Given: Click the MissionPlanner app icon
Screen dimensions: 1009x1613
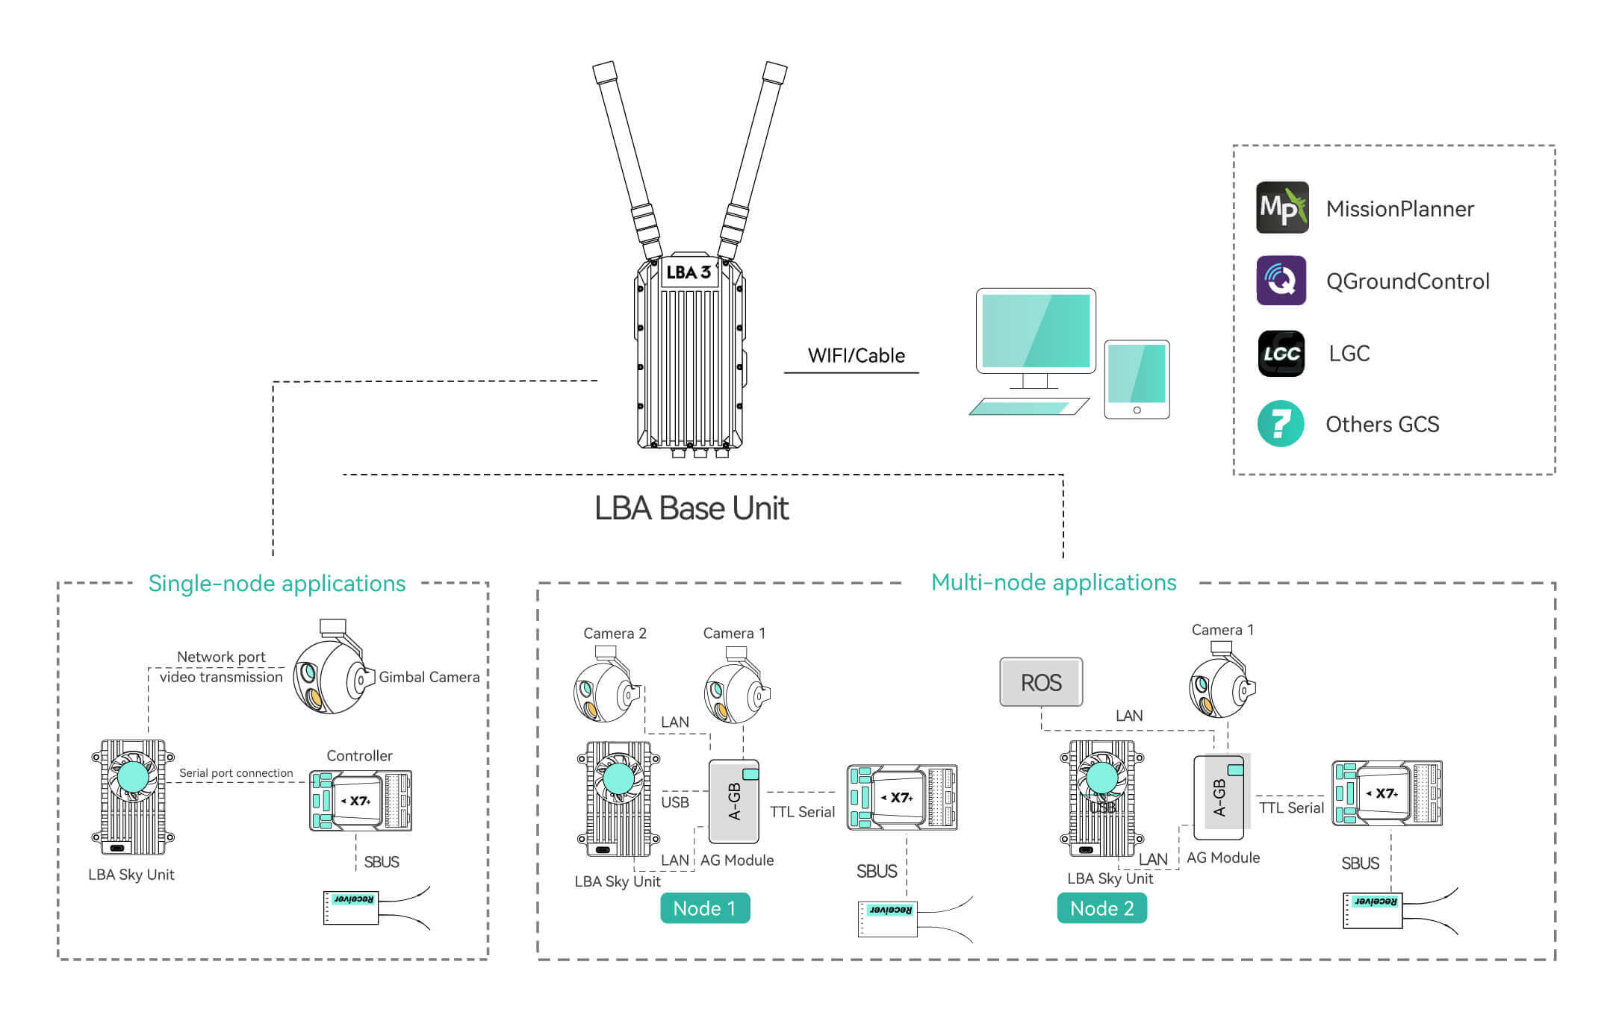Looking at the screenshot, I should click(x=1282, y=207).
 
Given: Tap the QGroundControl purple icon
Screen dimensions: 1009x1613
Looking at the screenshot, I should click(x=1281, y=281).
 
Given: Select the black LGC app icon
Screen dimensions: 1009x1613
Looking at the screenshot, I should click(x=1281, y=353).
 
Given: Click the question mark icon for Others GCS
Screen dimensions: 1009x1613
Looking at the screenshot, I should click(x=1281, y=424).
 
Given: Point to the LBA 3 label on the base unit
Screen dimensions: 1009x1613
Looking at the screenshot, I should click(x=689, y=272).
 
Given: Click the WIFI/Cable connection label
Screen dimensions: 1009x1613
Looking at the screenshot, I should click(x=856, y=356).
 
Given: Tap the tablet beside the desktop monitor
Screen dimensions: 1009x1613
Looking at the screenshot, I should click(x=1137, y=379).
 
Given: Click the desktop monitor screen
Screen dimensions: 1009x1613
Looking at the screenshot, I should click(x=1036, y=331).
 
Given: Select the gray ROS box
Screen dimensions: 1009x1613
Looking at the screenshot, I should click(x=1041, y=682).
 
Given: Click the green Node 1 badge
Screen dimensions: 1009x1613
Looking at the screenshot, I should click(x=705, y=908).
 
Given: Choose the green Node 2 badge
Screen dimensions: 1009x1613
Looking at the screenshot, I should click(x=1101, y=908).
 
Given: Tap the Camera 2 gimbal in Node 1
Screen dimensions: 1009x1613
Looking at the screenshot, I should click(x=605, y=690).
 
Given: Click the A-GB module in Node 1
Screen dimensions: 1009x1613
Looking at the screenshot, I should click(x=733, y=802).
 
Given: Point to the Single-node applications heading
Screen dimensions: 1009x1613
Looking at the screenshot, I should click(x=276, y=584).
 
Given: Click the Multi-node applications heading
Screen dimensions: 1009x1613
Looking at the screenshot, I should click(x=1053, y=583).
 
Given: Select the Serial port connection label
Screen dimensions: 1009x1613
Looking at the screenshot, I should click(x=236, y=773).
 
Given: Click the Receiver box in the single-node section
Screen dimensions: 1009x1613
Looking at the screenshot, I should click(x=351, y=907).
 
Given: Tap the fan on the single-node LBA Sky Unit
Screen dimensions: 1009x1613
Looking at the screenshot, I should click(x=134, y=777).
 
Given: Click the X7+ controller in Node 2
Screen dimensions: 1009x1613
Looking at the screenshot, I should click(x=1387, y=793).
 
